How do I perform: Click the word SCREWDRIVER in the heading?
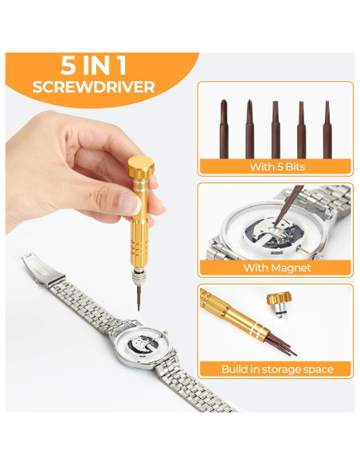[x=94, y=87]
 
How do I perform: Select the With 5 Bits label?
[x=275, y=167]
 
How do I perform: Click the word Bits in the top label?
[x=292, y=167]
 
